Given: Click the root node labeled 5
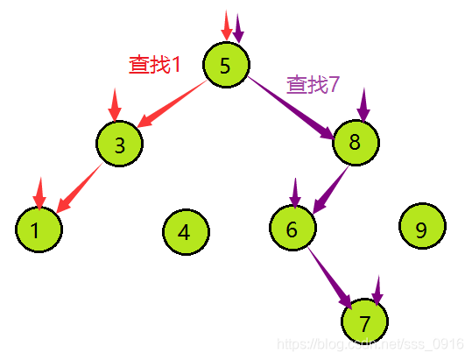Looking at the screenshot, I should click(x=226, y=64).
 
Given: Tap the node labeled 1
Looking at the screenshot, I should click(x=39, y=230).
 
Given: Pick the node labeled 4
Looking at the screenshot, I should click(x=186, y=232).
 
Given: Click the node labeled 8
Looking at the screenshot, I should click(x=356, y=143).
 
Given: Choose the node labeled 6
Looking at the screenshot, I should click(x=292, y=228).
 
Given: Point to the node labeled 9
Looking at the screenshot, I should click(x=421, y=229).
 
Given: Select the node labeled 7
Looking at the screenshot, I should click(x=364, y=321).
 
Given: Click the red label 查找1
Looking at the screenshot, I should click(x=154, y=64).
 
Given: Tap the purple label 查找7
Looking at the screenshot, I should click(x=313, y=85).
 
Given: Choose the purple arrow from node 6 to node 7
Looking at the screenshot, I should click(x=332, y=276).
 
